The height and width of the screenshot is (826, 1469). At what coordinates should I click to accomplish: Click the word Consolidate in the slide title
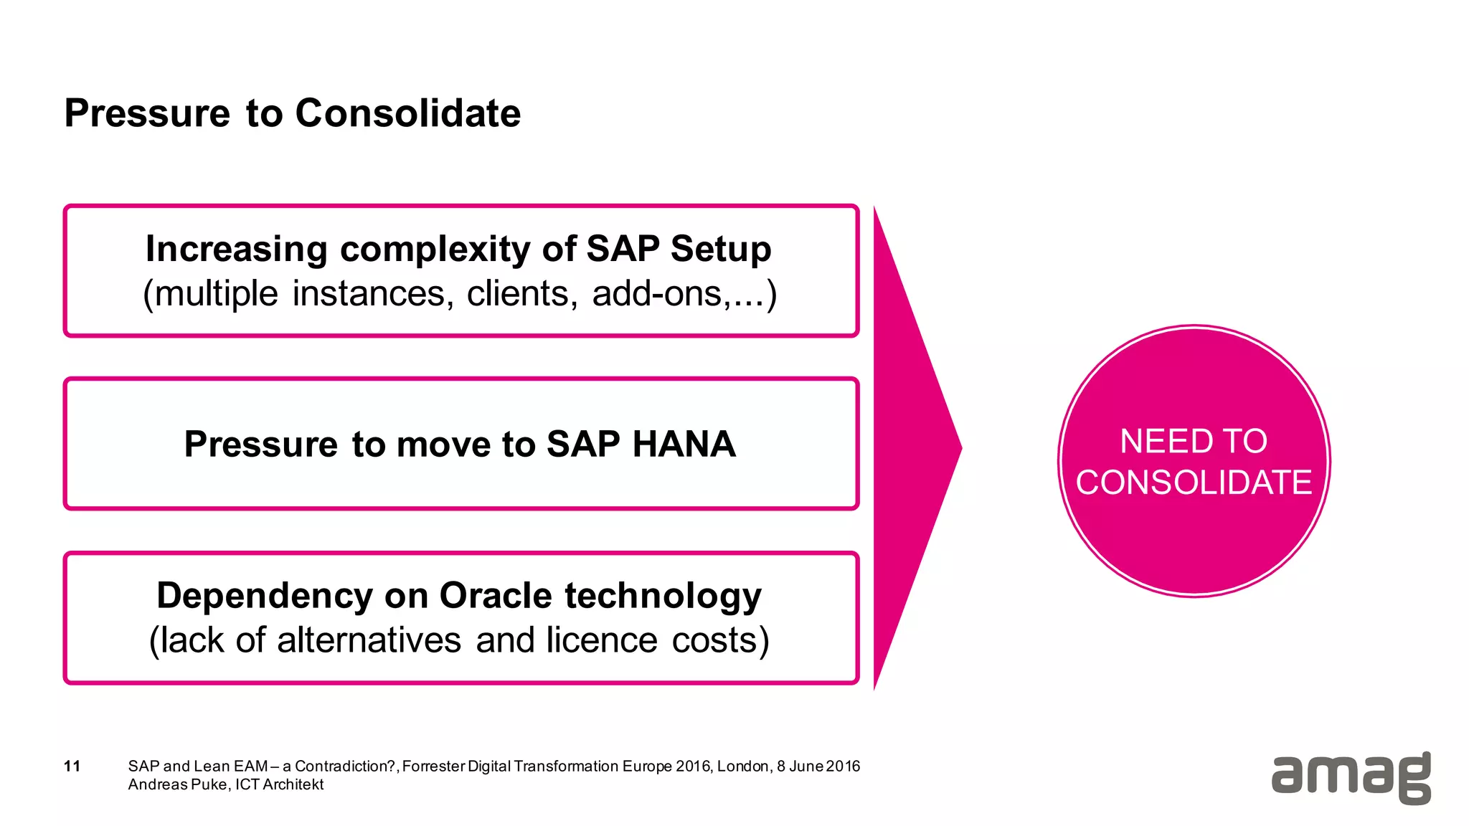[x=407, y=113]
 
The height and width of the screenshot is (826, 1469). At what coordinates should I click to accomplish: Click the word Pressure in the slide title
[x=147, y=113]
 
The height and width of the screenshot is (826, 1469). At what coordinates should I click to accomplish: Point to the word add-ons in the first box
[x=656, y=293]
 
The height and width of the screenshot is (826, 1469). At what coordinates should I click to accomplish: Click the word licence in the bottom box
[x=601, y=640]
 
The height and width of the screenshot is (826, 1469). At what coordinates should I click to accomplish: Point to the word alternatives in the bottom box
[x=369, y=640]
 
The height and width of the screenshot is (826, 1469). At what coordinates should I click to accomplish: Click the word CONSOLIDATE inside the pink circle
[x=1194, y=483]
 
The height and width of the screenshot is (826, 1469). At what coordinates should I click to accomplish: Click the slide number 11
[x=72, y=766]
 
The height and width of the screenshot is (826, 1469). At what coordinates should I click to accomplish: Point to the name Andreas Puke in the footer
[x=177, y=784]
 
